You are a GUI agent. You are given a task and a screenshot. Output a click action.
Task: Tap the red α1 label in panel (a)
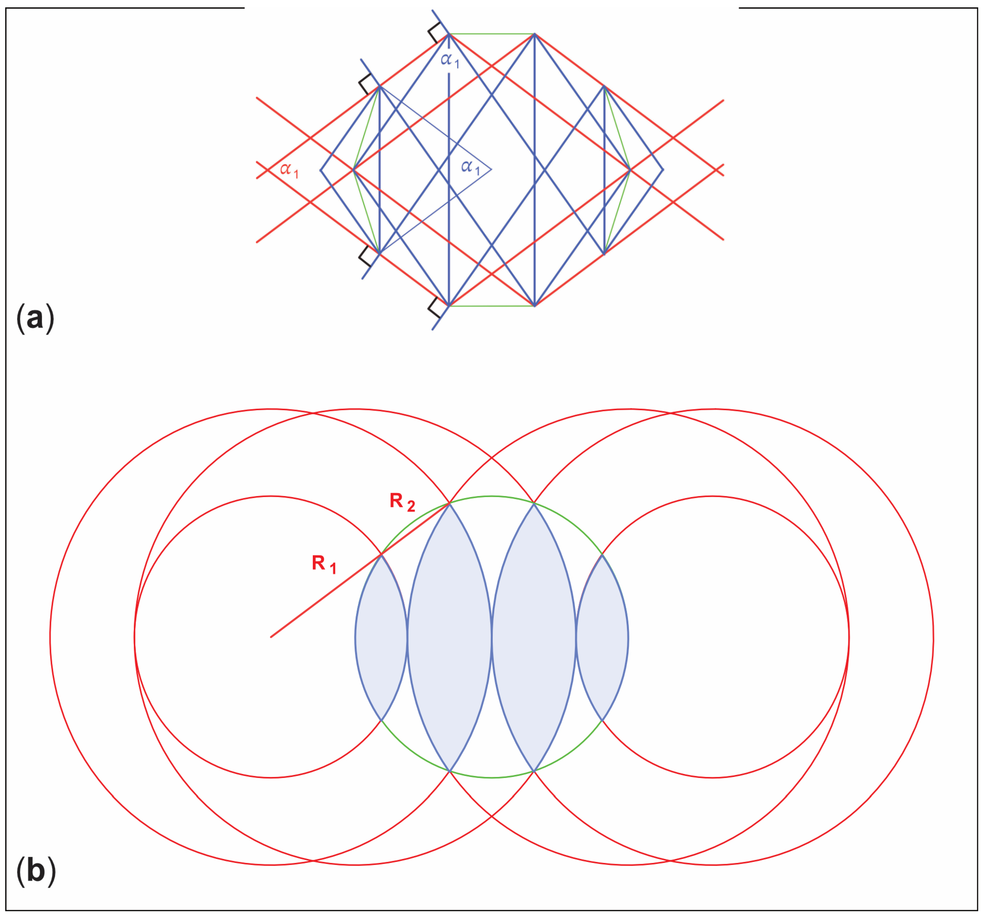(x=289, y=170)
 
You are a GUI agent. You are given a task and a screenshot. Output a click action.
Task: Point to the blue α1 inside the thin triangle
(x=470, y=168)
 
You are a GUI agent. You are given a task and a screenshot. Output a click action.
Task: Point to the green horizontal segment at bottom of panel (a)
(x=492, y=306)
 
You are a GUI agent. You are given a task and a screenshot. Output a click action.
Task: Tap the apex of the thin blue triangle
(x=491, y=170)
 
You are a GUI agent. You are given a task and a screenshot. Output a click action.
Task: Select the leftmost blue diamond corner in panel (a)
(x=321, y=170)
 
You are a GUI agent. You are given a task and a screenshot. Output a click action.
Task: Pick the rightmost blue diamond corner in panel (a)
(x=663, y=170)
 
